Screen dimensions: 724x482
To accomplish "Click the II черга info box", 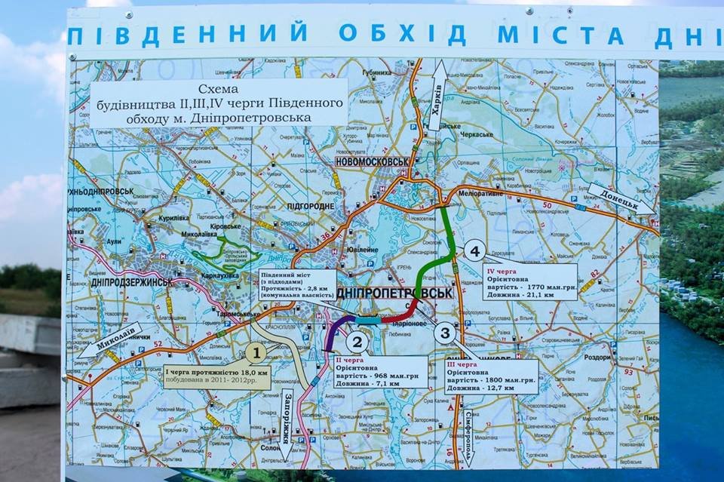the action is tap(380, 372).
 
